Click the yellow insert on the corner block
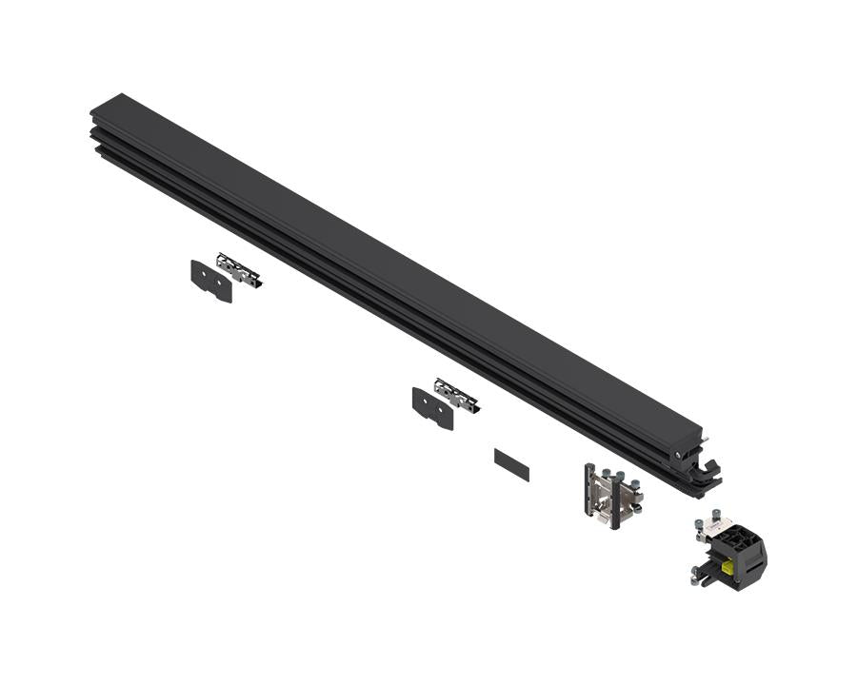click(x=728, y=567)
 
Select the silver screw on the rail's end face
click(x=678, y=455)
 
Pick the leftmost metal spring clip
click(x=238, y=269)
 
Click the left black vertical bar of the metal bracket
click(x=589, y=489)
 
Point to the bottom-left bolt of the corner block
click(x=696, y=573)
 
